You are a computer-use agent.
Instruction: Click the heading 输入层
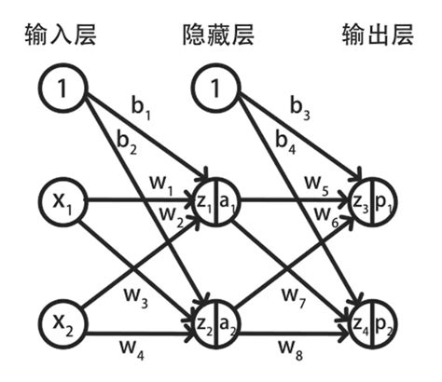point(62,38)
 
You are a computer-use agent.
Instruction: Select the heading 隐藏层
point(216,38)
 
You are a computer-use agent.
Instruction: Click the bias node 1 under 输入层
point(62,89)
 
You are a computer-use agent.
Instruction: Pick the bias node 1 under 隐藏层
point(216,89)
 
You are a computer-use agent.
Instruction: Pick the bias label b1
point(142,114)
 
